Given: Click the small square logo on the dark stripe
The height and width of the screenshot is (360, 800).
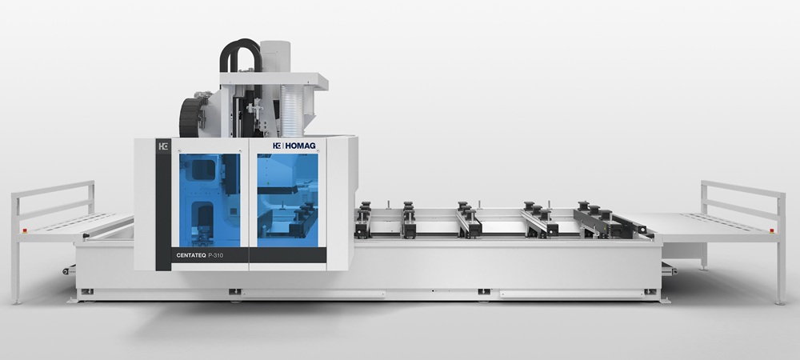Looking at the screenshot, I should coord(162,146).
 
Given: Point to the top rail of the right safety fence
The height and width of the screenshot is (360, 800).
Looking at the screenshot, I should coord(742,190).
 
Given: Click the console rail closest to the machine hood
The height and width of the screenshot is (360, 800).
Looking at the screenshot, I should coord(365,220).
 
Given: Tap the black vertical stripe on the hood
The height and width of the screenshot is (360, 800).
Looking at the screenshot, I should coord(162,208).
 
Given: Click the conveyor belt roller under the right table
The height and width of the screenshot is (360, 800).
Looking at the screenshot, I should coord(669,271).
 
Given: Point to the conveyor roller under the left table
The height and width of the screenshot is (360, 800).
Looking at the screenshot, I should coord(70,271).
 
